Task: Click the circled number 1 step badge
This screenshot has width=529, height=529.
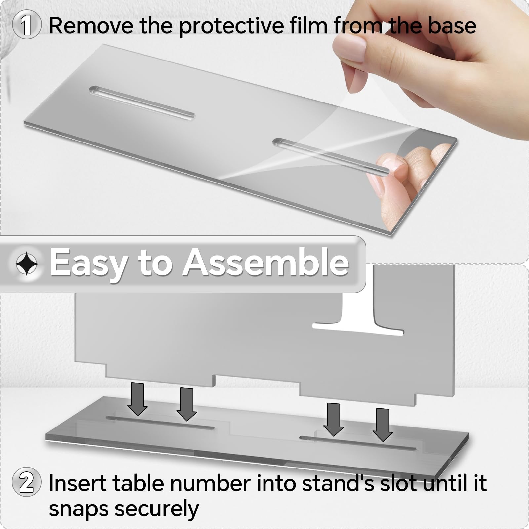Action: [x=26, y=25]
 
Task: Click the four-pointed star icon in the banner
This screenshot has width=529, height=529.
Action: [x=27, y=264]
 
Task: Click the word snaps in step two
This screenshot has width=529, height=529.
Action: [x=78, y=509]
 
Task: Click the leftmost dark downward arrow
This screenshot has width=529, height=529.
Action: [x=138, y=399]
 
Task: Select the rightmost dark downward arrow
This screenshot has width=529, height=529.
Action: [x=383, y=425]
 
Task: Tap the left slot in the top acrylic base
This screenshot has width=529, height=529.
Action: [x=142, y=102]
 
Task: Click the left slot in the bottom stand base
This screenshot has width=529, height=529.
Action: [x=160, y=423]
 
